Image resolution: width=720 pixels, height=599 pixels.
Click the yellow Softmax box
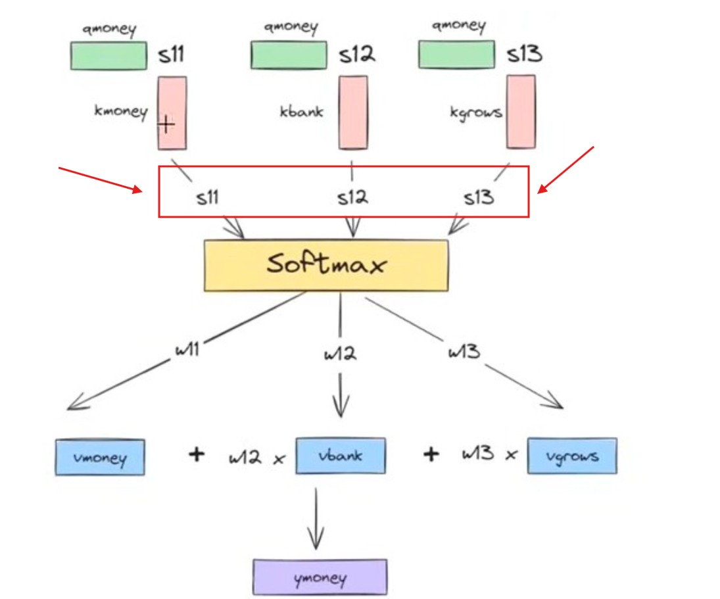[326, 265]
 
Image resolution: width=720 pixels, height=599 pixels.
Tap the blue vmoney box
[99, 456]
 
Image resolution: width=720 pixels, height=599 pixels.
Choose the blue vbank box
[341, 455]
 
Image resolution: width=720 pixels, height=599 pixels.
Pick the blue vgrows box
[572, 455]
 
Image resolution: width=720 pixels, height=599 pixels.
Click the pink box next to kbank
[353, 112]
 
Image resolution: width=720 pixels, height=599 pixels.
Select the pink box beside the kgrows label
[521, 111]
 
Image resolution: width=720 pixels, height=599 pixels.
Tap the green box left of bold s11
[108, 55]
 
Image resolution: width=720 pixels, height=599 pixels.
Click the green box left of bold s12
[289, 55]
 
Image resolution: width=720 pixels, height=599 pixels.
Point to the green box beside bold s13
[456, 54]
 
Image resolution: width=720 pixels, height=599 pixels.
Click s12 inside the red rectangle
[352, 197]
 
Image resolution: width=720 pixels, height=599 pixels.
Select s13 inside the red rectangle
[478, 197]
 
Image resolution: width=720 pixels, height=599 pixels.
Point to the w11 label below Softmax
[187, 349]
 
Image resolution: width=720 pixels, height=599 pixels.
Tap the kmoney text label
[121, 111]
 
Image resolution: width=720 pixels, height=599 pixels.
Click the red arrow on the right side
[565, 170]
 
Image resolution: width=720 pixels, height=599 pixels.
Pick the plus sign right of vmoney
[196, 454]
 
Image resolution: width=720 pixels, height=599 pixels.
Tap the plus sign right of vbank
[431, 454]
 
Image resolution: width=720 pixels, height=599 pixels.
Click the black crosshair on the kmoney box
[166, 123]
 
